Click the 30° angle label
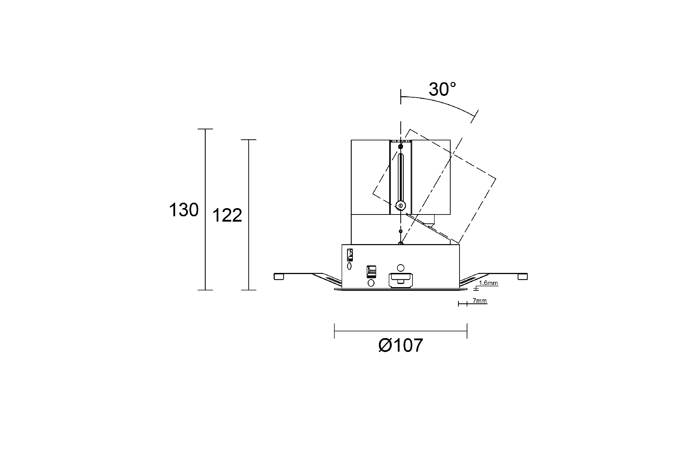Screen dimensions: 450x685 pyautogui.click(x=442, y=89)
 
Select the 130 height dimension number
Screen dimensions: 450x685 pyautogui.click(x=184, y=210)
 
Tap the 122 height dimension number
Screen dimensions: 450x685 pyautogui.click(x=227, y=215)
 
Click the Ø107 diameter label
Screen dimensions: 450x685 pyautogui.click(x=400, y=345)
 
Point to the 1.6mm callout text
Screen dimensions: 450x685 pyautogui.click(x=488, y=283)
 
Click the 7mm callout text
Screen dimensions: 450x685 pyautogui.click(x=479, y=301)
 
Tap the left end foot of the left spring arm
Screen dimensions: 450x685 pyautogui.click(x=279, y=276)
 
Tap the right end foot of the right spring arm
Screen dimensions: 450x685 pyautogui.click(x=523, y=276)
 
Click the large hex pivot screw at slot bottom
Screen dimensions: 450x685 pyautogui.click(x=401, y=205)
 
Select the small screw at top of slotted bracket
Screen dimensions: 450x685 pyautogui.click(x=401, y=146)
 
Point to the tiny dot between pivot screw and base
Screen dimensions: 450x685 pyautogui.click(x=401, y=232)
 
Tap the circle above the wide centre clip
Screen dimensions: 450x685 pyautogui.click(x=401, y=268)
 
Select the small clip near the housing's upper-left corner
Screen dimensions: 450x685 pyautogui.click(x=350, y=255)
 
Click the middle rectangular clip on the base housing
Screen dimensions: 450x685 pyautogui.click(x=371, y=271)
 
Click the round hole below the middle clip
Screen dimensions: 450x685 pyautogui.click(x=371, y=283)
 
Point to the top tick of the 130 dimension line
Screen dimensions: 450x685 pyautogui.click(x=205, y=129)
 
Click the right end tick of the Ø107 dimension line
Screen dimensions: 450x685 pyautogui.click(x=467, y=331)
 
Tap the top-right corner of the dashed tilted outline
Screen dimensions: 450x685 pyautogui.click(x=496, y=178)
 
